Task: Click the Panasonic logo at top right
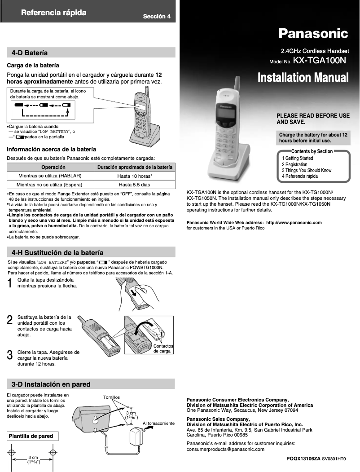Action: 313,33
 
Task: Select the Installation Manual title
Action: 303,78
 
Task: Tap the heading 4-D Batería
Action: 30,53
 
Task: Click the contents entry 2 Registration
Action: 294,164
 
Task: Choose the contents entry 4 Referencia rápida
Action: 300,176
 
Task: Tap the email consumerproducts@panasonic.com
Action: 225,449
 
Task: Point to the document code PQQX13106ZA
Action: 303,459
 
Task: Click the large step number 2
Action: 9,320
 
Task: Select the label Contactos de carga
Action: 162,348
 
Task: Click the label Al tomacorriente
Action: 158,423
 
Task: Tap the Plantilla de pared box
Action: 31,436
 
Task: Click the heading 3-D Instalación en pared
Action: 51,384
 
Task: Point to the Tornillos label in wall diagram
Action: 111,397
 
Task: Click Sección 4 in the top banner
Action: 157,17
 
